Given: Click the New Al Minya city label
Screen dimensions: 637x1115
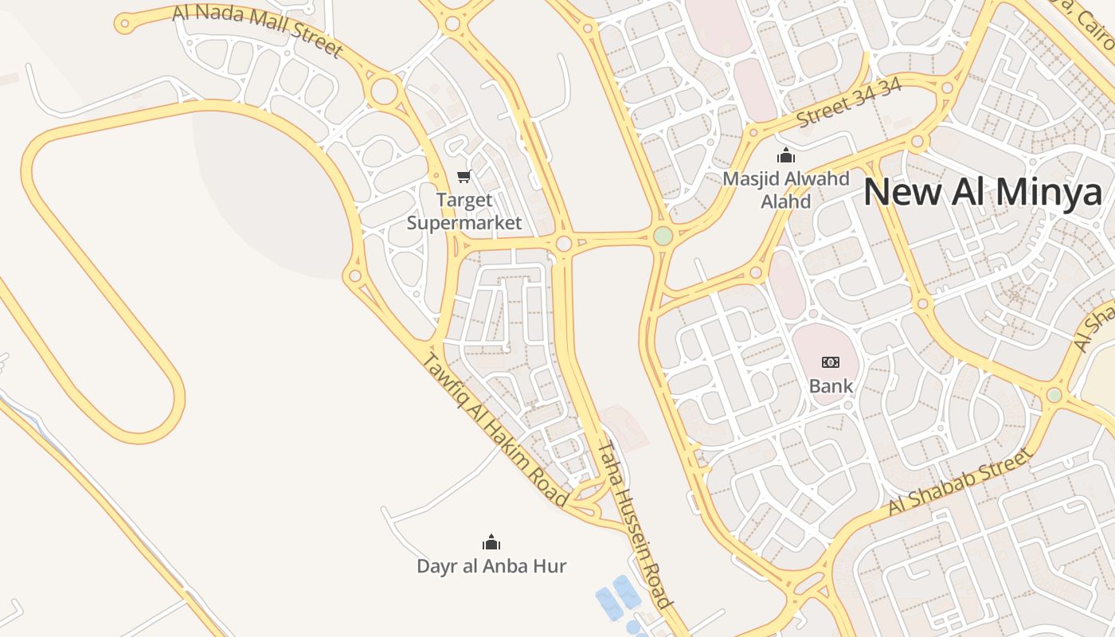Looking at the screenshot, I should (x=983, y=193).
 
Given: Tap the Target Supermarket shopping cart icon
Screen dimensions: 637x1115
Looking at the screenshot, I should (x=464, y=176).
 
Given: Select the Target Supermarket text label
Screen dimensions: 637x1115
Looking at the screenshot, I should (x=464, y=211).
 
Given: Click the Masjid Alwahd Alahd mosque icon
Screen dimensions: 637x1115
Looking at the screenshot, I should (x=786, y=155).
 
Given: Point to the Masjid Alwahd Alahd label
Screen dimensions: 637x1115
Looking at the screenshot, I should (x=786, y=190).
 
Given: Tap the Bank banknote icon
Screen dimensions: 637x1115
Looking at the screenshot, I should (x=831, y=362).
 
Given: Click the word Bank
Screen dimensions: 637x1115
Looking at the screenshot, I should (x=831, y=386).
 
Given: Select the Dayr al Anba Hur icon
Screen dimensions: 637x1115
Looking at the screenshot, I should (x=491, y=543).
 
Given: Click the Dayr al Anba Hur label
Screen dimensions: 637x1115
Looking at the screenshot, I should (x=491, y=566).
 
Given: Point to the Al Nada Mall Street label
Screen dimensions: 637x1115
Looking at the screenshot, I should (x=256, y=30).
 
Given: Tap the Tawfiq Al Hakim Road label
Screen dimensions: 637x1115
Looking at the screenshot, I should (x=494, y=430).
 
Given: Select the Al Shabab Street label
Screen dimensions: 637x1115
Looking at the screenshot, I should (x=960, y=482).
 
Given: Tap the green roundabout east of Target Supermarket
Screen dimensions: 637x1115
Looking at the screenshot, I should (x=663, y=236).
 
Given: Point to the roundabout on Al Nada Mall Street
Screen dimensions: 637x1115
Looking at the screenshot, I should (x=384, y=91).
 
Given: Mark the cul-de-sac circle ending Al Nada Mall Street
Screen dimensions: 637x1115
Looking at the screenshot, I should (x=123, y=24).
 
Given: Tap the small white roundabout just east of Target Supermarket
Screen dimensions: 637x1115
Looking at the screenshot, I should (x=564, y=244).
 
